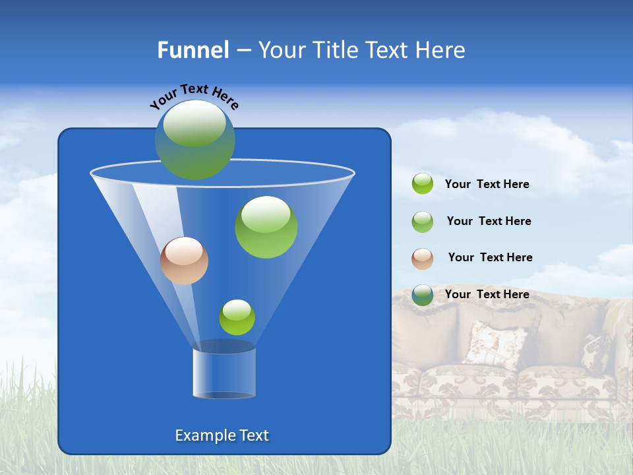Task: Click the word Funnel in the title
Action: pos(193,50)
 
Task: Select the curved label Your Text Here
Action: pos(195,96)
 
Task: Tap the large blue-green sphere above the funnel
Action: pos(195,140)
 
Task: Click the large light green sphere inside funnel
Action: pos(266,227)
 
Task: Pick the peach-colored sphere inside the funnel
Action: pos(184,261)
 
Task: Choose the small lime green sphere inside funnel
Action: pos(237,317)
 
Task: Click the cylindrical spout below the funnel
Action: pos(224,373)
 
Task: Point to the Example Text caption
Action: pos(222,435)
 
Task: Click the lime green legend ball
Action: pos(423,184)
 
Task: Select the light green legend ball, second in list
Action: pos(423,222)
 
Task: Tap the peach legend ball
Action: pos(423,259)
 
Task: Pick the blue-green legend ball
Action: pos(423,295)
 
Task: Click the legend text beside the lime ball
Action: pos(487,185)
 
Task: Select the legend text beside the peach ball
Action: pos(490,258)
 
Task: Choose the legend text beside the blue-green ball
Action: pos(487,294)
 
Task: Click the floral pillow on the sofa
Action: pos(495,343)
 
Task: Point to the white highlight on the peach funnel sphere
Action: pos(184,251)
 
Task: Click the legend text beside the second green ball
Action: pos(489,222)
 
